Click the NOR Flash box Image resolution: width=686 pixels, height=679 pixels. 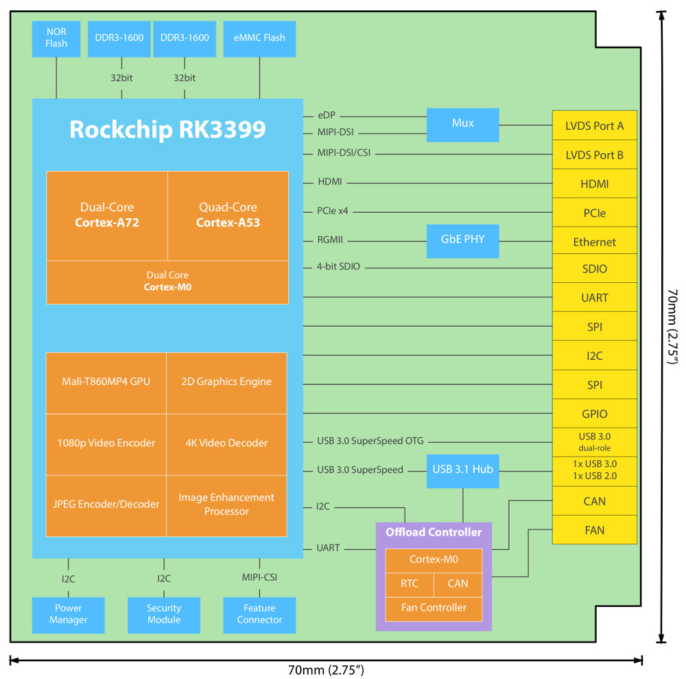pyautogui.click(x=56, y=38)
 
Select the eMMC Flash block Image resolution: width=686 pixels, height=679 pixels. pyautogui.click(x=259, y=38)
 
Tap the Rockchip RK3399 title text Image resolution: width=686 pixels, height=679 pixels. pyautogui.click(x=167, y=129)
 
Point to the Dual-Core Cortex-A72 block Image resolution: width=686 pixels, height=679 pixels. pyautogui.click(x=106, y=215)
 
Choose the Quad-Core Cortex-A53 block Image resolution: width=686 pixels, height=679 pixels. pyautogui.click(x=228, y=215)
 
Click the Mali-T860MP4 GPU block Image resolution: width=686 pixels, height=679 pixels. pyautogui.click(x=106, y=382)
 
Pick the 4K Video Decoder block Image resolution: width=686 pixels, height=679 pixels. pyautogui.click(x=226, y=444)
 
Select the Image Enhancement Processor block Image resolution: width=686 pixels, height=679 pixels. pyautogui.click(x=226, y=505)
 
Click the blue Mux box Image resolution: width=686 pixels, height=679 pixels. pyautogui.click(x=462, y=124)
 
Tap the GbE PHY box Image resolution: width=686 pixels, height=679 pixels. pyautogui.click(x=462, y=240)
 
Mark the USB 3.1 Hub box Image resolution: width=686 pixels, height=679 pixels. pyautogui.click(x=462, y=471)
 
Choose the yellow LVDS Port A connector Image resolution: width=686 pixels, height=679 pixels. pyautogui.click(x=594, y=126)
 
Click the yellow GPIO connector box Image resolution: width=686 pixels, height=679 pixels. pyautogui.click(x=594, y=414)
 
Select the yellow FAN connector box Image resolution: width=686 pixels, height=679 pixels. pyautogui.click(x=594, y=530)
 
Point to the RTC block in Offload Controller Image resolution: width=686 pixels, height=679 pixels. pyautogui.click(x=409, y=584)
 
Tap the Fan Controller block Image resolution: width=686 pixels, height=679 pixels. pyautogui.click(x=434, y=608)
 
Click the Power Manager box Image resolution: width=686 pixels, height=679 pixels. pyautogui.click(x=69, y=614)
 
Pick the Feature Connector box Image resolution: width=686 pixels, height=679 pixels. pyautogui.click(x=259, y=614)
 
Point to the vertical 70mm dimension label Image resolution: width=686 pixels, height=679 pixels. pyautogui.click(x=672, y=327)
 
